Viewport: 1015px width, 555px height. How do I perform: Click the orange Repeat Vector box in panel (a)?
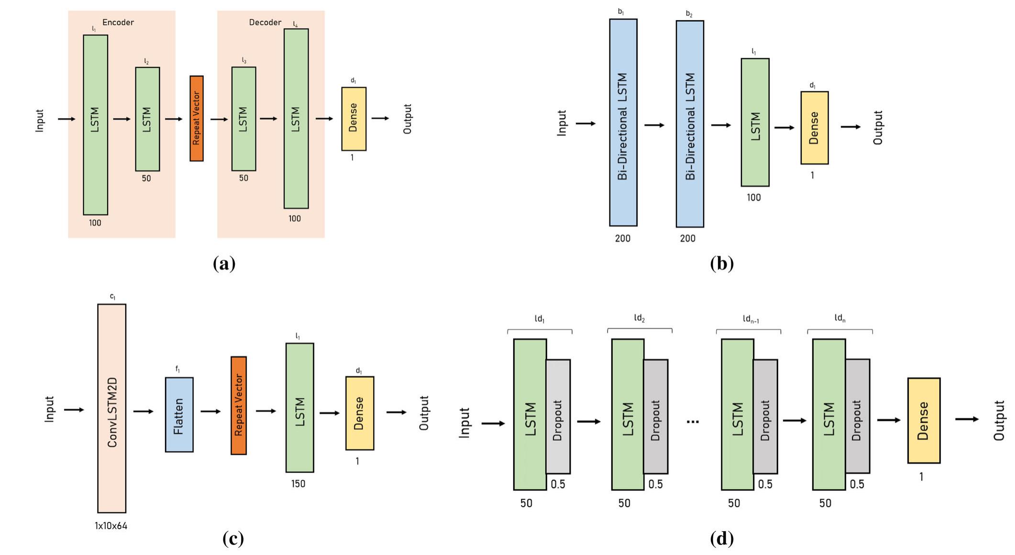196,119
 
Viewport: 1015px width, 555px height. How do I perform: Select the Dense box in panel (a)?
353,119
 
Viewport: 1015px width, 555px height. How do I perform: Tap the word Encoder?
118,22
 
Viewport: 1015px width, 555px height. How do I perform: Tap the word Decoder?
265,22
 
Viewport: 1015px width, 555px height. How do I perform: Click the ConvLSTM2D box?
112,408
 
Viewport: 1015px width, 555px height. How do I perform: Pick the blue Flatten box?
179,414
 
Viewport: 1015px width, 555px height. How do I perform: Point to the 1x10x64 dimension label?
111,526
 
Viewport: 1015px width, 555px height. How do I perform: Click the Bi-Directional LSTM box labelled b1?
623,122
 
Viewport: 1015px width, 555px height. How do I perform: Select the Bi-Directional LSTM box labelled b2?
690,123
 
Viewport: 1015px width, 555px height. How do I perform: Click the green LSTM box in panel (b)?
755,122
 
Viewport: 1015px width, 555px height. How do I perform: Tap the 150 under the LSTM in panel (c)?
298,484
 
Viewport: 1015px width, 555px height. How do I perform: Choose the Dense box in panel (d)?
924,420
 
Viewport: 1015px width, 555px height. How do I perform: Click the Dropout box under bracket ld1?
558,417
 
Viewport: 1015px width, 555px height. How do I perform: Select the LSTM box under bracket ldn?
828,414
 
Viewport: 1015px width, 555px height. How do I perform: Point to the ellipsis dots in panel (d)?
692,422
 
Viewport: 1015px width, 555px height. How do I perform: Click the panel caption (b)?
722,263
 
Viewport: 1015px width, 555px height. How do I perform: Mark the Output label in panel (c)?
424,413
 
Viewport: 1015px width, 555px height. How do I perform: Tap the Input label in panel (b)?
562,123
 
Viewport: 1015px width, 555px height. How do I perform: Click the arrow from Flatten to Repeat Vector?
210,411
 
